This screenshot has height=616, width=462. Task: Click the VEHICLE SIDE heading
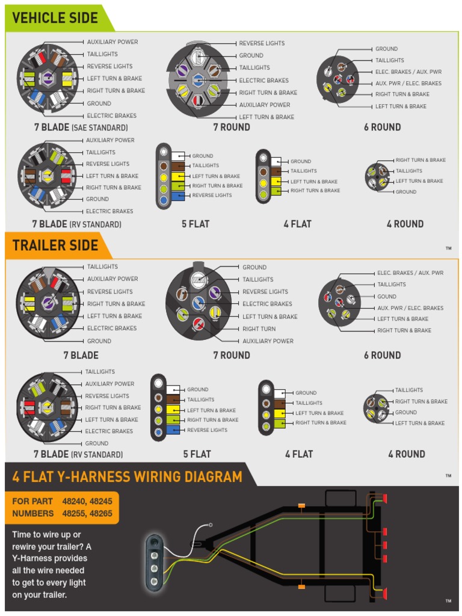(x=55, y=17)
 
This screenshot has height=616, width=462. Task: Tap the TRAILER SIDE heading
(x=55, y=245)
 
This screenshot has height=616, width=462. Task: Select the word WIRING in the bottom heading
(x=164, y=477)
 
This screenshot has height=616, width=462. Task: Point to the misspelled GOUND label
(x=387, y=297)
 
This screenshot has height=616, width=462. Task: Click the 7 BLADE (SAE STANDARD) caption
(x=81, y=128)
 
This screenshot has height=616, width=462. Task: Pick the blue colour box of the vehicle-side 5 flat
(x=177, y=196)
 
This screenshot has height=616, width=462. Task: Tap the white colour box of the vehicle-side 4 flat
(x=276, y=161)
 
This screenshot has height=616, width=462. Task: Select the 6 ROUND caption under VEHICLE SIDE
(x=382, y=127)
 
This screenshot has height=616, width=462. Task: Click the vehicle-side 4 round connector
(x=379, y=176)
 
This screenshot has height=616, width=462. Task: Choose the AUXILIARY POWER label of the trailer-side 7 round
(x=268, y=341)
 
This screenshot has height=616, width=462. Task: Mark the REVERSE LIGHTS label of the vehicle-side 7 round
(x=262, y=43)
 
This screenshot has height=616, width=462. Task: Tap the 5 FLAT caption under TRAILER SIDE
(x=197, y=454)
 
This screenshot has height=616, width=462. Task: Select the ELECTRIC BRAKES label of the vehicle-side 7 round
(x=263, y=80)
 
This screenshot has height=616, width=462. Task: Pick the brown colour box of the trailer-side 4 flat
(x=281, y=403)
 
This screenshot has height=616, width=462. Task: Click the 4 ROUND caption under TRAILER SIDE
(x=407, y=454)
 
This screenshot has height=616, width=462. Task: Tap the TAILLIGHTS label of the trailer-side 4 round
(x=409, y=390)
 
